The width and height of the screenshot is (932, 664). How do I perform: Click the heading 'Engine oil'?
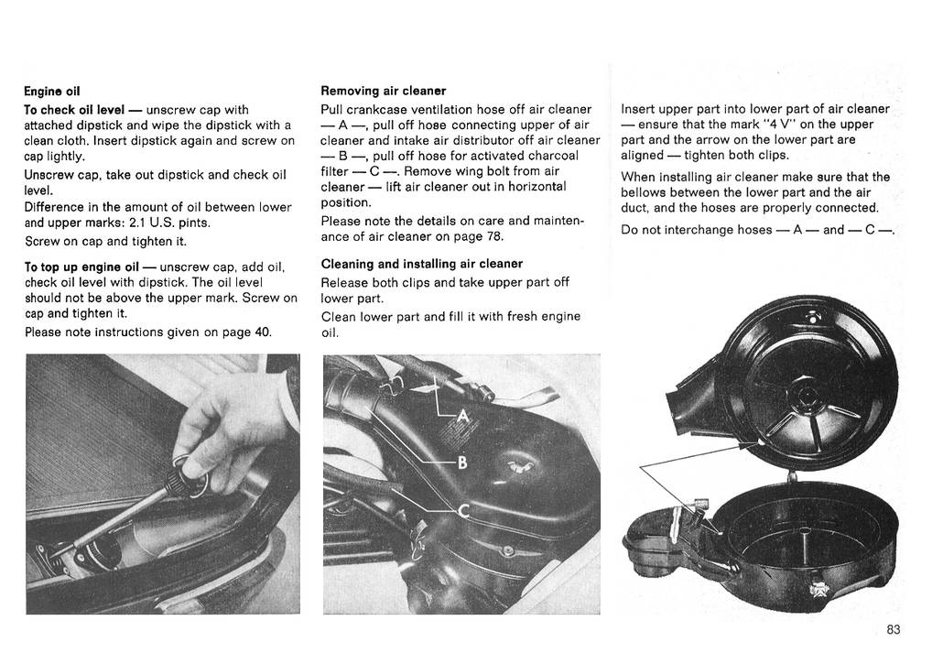pos(52,92)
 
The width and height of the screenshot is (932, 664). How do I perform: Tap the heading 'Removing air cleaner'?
pos(383,92)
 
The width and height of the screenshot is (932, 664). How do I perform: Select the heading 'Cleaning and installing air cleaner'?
pos(421,264)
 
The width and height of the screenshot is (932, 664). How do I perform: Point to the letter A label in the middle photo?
pos(462,418)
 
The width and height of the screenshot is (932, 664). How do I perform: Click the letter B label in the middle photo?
pos(462,463)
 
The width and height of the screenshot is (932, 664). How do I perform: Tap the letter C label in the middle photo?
pos(462,513)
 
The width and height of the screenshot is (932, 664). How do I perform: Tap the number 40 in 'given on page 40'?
pos(263,332)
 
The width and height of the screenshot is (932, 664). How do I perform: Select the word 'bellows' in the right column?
pos(645,192)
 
